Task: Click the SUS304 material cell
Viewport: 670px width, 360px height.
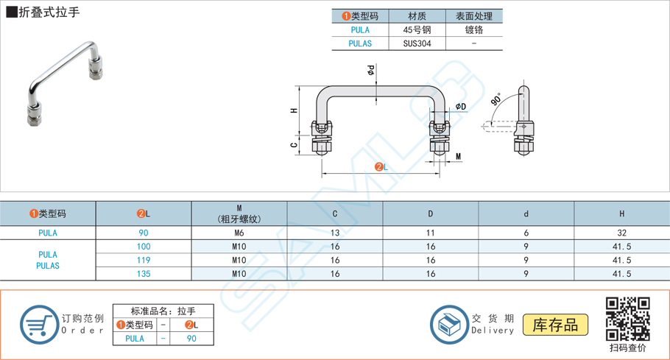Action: (417, 43)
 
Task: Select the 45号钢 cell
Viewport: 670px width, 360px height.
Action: (417, 30)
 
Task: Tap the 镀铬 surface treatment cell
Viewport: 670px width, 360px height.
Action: (474, 30)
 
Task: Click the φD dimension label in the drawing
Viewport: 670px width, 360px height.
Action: (461, 107)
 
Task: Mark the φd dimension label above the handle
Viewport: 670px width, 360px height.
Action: (371, 71)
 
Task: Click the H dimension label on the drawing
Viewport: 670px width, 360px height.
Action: (295, 110)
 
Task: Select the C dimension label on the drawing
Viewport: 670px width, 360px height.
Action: (295, 145)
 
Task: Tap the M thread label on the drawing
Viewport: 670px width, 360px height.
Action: (458, 157)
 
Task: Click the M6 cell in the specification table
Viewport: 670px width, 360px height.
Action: (239, 233)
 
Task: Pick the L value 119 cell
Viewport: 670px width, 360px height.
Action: (144, 260)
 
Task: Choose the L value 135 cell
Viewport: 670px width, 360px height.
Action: (144, 274)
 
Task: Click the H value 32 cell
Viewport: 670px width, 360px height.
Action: (621, 233)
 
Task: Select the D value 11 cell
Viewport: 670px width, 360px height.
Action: (431, 233)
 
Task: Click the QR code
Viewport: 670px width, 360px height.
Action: (627, 318)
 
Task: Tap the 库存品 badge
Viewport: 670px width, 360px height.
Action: (556, 325)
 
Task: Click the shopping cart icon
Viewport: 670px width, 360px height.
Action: (38, 325)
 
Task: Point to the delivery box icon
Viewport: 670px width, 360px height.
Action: (448, 325)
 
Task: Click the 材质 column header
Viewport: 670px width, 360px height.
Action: (417, 16)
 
